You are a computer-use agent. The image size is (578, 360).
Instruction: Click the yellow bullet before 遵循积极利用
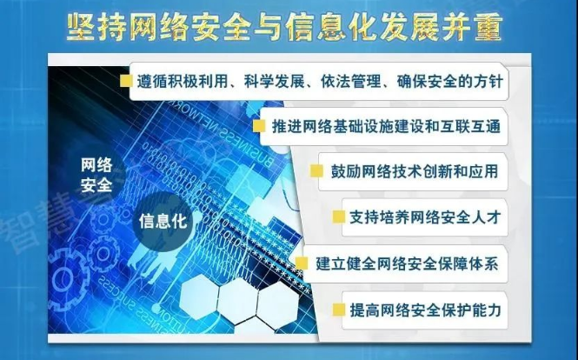click(x=126, y=81)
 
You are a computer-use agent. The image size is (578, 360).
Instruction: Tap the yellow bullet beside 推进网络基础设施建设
click(x=259, y=126)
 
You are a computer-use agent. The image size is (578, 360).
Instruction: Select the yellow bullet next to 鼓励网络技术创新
click(x=316, y=171)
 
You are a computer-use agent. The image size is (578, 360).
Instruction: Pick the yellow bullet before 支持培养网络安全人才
click(x=339, y=217)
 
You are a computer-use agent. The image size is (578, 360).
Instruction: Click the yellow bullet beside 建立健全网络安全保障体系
click(x=302, y=263)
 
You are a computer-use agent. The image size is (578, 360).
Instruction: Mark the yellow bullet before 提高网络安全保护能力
click(x=339, y=310)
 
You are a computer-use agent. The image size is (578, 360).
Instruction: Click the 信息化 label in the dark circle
click(x=163, y=222)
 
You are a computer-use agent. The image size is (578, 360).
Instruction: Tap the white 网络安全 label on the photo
click(x=96, y=175)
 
